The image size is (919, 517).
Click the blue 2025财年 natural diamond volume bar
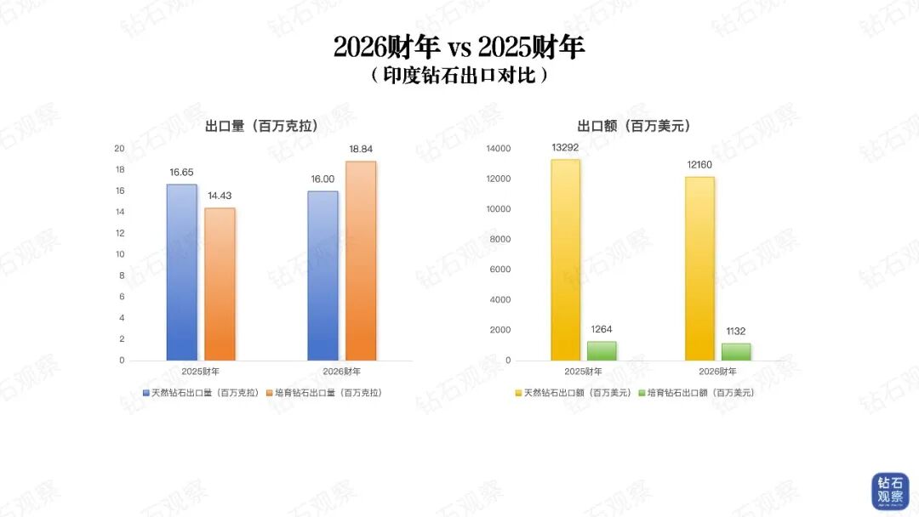[181, 272]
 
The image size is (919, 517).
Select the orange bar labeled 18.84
[361, 260]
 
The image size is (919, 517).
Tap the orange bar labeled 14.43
[220, 284]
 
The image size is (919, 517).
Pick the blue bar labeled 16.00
[323, 276]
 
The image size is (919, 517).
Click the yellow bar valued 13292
[565, 259]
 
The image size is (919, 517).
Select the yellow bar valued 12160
[699, 268]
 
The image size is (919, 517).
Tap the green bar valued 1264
[602, 350]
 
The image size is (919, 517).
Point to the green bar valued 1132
[736, 351]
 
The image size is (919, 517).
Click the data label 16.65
[182, 173]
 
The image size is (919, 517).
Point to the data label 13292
[565, 148]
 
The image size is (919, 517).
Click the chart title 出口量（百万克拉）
[262, 126]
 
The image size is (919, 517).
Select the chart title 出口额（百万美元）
[633, 126]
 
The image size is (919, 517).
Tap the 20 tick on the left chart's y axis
[119, 149]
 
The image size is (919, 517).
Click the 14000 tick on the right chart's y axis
[499, 149]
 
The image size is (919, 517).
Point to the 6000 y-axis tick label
[500, 270]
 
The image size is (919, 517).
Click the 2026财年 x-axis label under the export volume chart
[341, 372]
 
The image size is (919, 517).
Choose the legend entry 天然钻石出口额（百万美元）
[572, 393]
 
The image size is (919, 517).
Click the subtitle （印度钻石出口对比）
[459, 75]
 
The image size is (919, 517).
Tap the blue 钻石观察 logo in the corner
[889, 491]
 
